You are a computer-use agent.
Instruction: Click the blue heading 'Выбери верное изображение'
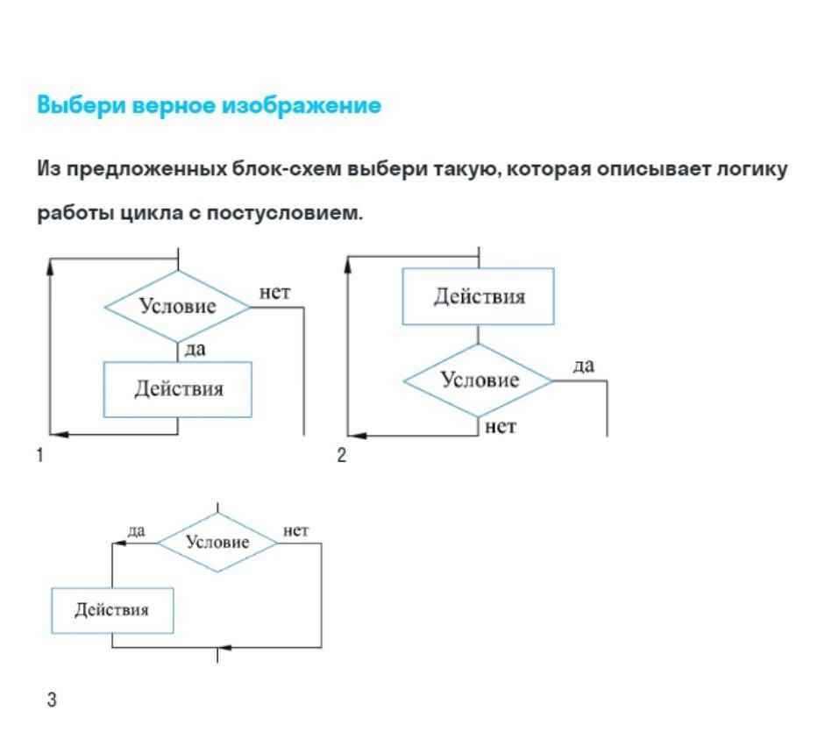(209, 105)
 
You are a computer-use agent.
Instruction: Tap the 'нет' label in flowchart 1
(274, 293)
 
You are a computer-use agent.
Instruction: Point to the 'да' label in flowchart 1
(195, 350)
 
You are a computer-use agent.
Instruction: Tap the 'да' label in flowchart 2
(583, 366)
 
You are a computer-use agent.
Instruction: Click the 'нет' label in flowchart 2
(501, 427)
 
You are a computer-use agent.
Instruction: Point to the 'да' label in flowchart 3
(136, 531)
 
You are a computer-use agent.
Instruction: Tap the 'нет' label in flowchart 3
(295, 531)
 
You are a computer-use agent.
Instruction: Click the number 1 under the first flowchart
(39, 455)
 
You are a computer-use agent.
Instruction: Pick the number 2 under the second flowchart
(341, 455)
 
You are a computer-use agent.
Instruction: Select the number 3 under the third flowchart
(52, 700)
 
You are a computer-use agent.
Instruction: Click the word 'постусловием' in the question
(285, 214)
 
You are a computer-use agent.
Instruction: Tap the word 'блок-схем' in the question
(286, 169)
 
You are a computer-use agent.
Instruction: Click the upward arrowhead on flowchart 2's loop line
(348, 266)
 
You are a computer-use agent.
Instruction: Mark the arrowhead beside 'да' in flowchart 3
(119, 544)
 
